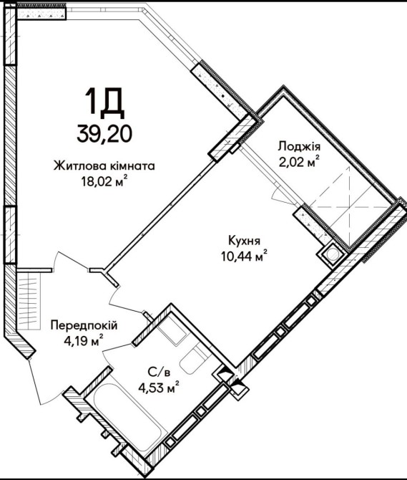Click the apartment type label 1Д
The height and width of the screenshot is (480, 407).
104,103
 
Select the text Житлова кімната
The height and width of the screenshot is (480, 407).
104,166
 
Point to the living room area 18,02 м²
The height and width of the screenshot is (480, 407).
104,182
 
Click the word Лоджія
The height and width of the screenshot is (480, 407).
299,147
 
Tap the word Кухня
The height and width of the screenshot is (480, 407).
245,241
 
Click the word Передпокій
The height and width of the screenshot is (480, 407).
84,325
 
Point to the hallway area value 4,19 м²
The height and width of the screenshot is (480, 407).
84,340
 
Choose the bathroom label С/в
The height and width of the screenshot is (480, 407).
159,373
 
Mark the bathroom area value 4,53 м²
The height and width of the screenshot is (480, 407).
159,388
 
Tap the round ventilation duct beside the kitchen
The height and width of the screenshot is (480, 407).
332,254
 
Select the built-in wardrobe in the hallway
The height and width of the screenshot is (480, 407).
29,301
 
